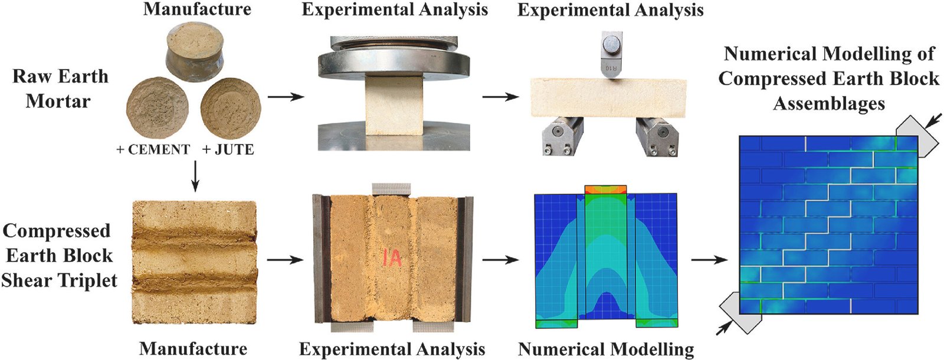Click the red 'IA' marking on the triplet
tap(392, 257)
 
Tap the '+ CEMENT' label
tap(153, 150)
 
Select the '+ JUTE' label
tap(228, 150)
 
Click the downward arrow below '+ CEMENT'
tap(195, 176)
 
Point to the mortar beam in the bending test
tap(608, 97)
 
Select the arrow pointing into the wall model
tap(710, 260)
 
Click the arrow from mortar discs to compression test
tap(286, 97)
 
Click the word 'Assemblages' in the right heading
tap(828, 104)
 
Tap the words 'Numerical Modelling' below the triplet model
tap(606, 349)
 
